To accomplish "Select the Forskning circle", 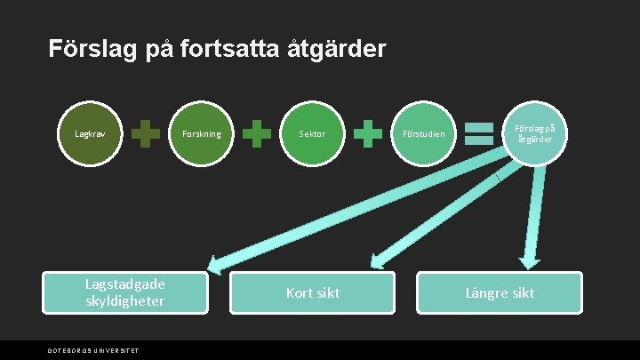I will point(201,134).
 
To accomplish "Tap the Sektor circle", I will point(312,134).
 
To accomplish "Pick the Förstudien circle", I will point(423,134).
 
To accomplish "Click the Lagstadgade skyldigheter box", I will point(125,292).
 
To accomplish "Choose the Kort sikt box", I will point(312,292).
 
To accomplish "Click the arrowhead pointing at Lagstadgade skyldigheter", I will point(217,262).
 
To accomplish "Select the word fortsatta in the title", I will point(220,49).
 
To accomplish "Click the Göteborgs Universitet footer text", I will point(93,350).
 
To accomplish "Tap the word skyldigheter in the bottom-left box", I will point(125,301).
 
